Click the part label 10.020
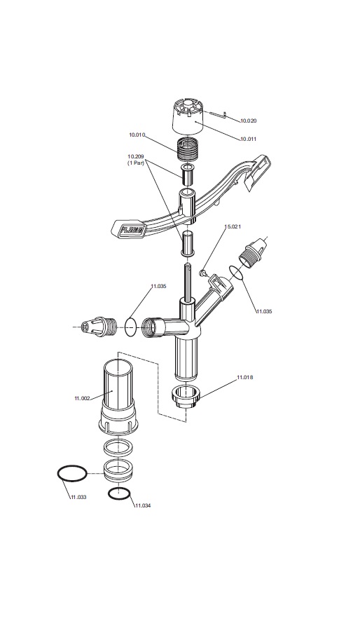249,121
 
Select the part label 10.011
249,139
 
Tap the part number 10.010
137,135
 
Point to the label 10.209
135,156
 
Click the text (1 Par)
135,163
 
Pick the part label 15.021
233,227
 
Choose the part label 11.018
245,377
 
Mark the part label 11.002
82,398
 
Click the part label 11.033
78,497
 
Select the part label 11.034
142,506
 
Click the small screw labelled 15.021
202,273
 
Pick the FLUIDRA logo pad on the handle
129,229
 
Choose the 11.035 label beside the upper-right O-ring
264,312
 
